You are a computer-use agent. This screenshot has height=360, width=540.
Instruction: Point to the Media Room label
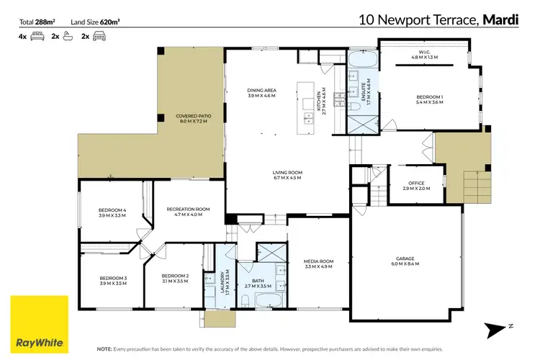[320, 263]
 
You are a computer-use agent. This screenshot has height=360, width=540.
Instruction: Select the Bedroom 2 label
[175, 279]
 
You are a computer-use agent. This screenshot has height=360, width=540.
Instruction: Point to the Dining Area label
[261, 92]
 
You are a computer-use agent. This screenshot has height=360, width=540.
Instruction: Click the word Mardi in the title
[502, 20]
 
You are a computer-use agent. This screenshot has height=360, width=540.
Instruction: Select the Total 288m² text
[37, 21]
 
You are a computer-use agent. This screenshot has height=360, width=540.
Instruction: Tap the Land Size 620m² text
[96, 21]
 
